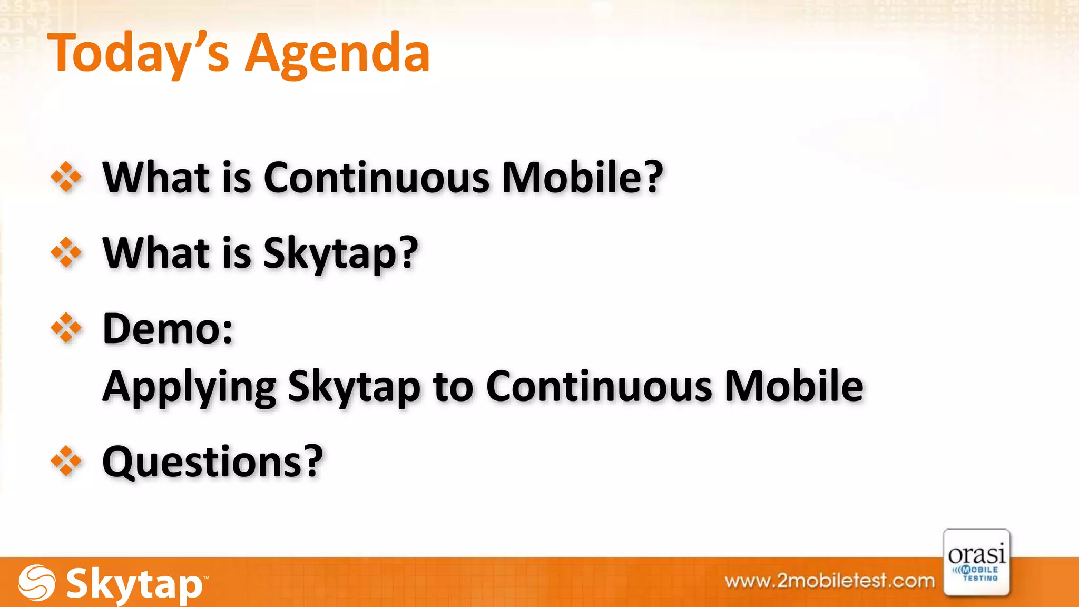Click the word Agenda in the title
pos(338,54)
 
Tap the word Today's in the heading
pos(139,54)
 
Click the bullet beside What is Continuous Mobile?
pos(66,177)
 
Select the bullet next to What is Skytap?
pos(66,252)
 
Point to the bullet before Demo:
pos(66,328)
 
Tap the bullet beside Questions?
pos(66,461)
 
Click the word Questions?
pos(212,462)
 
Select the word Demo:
pos(168,329)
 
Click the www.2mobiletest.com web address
pos(829,581)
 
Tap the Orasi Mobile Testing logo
pos(976,563)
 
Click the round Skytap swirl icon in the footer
pos(36,583)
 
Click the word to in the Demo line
pos(453,387)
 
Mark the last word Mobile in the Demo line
pos(793,386)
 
